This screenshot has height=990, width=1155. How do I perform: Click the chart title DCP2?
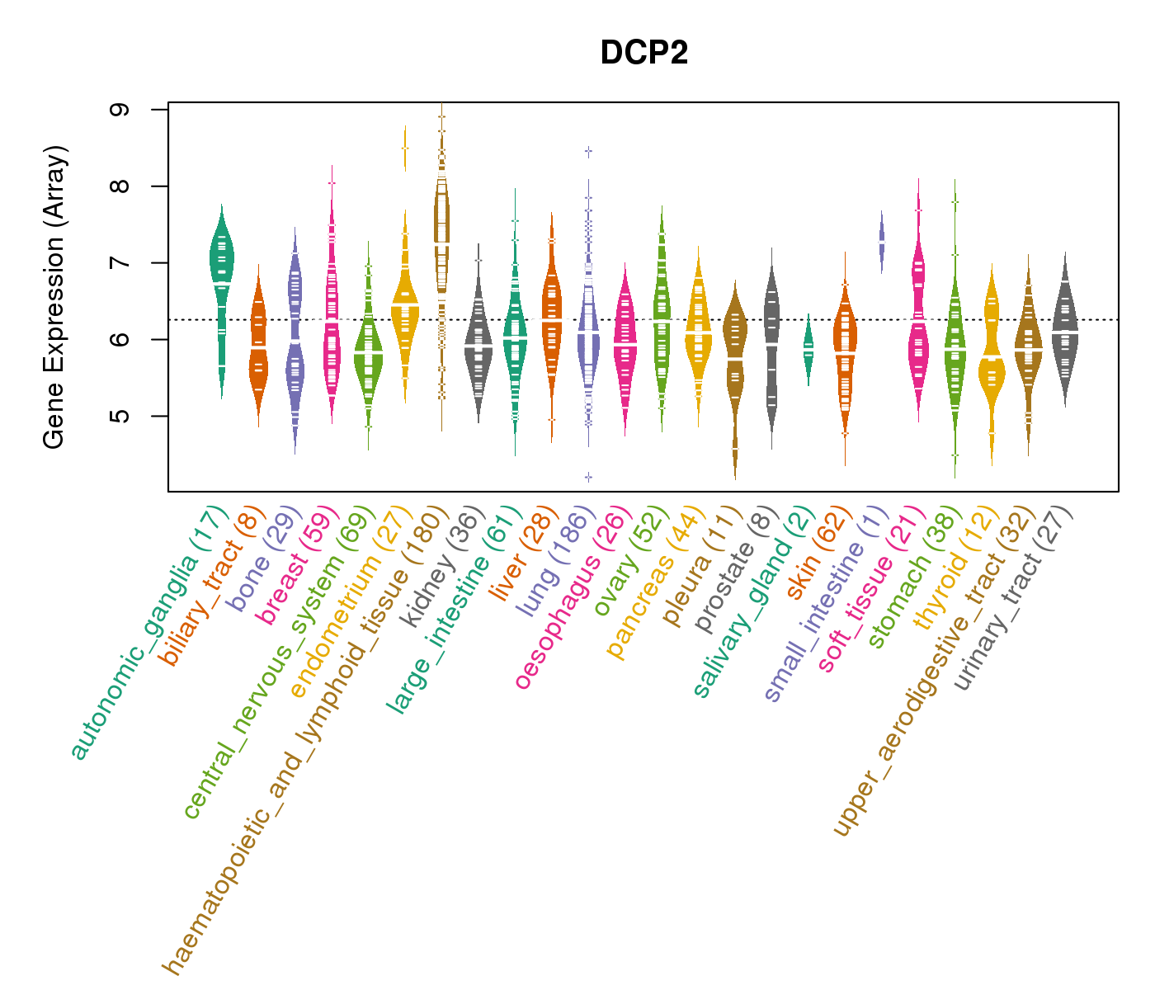(644, 53)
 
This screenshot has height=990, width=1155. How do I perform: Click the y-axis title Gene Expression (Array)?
(54, 297)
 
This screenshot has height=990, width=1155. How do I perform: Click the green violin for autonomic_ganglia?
(221, 272)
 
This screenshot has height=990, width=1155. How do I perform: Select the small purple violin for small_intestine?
(882, 242)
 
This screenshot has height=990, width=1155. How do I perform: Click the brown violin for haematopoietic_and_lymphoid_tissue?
(442, 231)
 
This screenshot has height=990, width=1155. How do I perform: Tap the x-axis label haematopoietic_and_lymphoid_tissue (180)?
(304, 742)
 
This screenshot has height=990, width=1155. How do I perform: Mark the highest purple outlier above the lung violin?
(588, 151)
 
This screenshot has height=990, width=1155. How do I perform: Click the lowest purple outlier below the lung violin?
(588, 477)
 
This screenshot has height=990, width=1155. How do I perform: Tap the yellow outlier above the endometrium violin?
(405, 148)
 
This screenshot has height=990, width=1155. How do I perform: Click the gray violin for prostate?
(772, 346)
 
